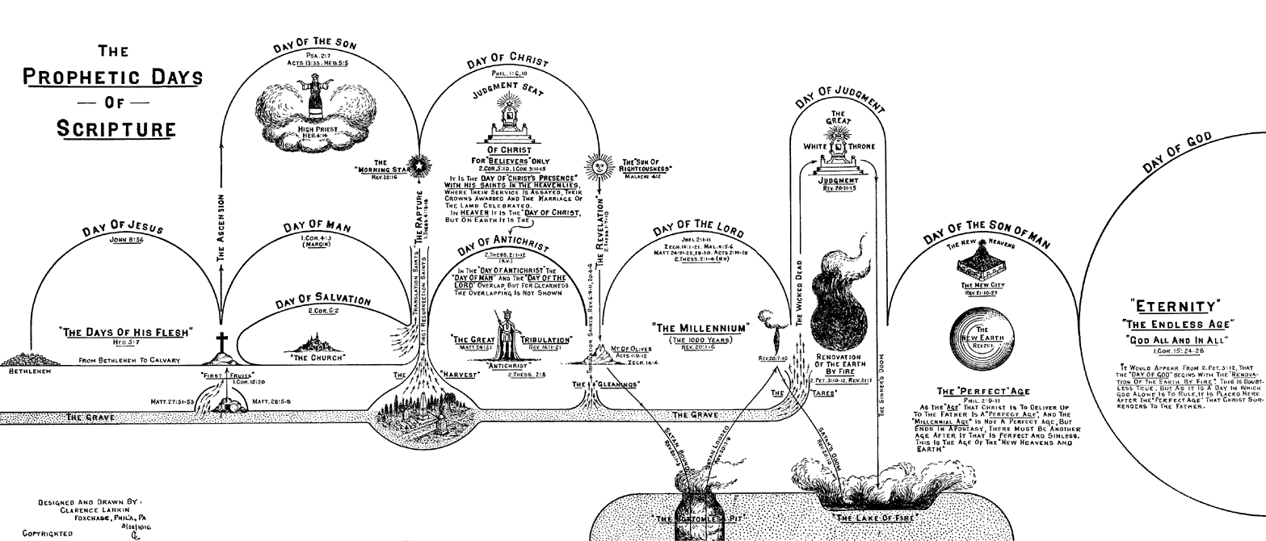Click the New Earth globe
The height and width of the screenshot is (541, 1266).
point(982,336)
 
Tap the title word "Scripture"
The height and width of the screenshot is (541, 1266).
point(116,128)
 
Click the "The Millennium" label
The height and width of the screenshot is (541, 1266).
point(700,329)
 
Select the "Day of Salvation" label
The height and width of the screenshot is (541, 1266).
point(323,299)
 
